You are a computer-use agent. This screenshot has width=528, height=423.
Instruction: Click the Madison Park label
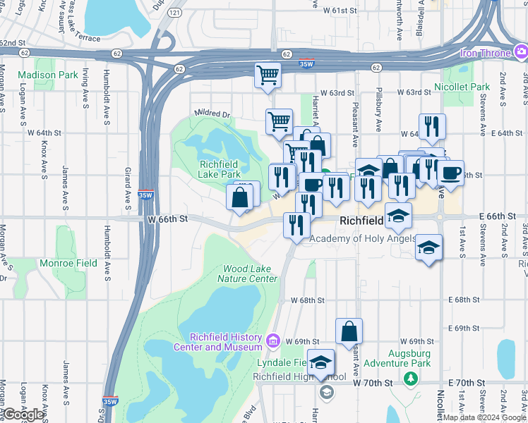(48, 75)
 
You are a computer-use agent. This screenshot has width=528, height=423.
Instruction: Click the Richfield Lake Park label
(220, 169)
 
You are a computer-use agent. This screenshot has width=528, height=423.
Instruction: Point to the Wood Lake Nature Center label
(250, 274)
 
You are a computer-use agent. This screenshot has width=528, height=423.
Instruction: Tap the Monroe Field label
(68, 263)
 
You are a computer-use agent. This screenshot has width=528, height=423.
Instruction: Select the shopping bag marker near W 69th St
(349, 331)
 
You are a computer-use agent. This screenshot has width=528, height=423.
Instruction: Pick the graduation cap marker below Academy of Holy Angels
(428, 249)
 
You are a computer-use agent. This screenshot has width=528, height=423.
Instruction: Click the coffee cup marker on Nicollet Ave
(450, 173)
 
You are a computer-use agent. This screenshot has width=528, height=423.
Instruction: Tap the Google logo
(24, 415)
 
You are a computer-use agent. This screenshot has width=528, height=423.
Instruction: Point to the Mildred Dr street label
(213, 114)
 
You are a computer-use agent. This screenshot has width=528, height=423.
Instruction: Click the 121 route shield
(175, 13)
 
